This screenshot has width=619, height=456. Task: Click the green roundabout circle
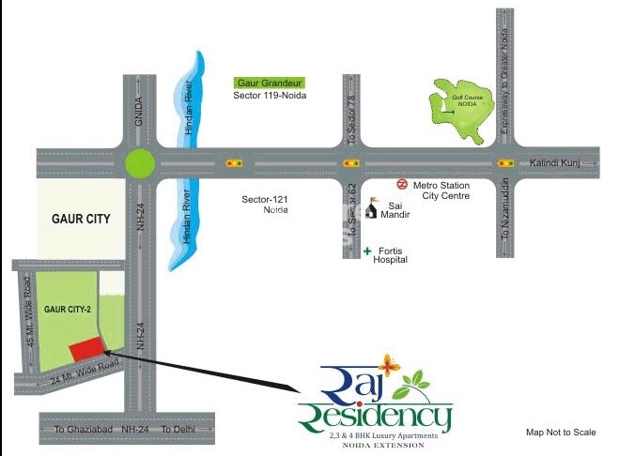(140, 163)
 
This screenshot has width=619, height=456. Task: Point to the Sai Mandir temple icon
(373, 205)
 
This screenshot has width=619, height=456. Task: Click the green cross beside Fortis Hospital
(367, 251)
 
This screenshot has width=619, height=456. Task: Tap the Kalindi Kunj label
(555, 163)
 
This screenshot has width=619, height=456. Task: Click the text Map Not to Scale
(561, 432)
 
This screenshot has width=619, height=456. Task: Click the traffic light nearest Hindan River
(234, 163)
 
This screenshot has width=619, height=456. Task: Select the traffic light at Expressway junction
(504, 163)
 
